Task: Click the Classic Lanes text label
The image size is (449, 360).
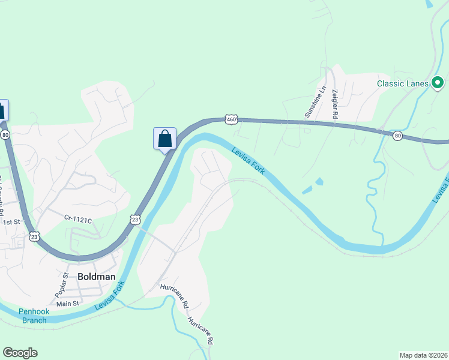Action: click(402, 83)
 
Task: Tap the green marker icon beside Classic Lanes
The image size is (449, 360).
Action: click(438, 83)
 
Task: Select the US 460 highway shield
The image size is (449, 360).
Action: click(231, 119)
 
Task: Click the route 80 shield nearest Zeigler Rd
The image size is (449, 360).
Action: click(397, 136)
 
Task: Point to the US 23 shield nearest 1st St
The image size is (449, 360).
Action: click(34, 237)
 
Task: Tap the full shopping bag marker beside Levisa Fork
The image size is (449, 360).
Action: click(165, 139)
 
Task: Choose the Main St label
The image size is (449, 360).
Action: click(68, 304)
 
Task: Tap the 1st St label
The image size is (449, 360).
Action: click(11, 222)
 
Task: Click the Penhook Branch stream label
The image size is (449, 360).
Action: click(34, 316)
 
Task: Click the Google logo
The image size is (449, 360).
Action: click(20, 353)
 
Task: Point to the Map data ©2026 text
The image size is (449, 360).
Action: click(423, 355)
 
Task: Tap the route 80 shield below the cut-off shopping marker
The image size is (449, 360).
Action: click(5, 135)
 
